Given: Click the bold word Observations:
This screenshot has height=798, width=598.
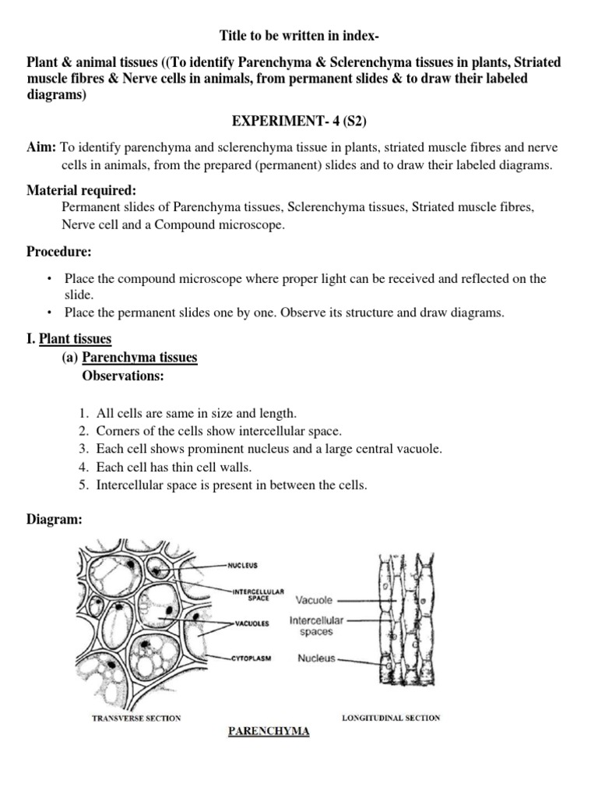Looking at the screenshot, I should pyautogui.click(x=123, y=376).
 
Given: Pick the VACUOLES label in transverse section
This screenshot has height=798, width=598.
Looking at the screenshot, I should pyautogui.click(x=249, y=623).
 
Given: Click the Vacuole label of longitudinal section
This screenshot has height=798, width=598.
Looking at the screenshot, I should pyautogui.click(x=314, y=601).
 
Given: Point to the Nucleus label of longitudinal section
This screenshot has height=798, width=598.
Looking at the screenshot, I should pyautogui.click(x=316, y=659).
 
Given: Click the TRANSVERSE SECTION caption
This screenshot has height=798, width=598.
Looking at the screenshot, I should pyautogui.click(x=136, y=718).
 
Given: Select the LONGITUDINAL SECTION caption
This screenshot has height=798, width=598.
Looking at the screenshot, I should pyautogui.click(x=391, y=718).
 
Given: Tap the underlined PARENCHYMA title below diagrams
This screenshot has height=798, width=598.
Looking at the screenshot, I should pyautogui.click(x=268, y=731).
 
